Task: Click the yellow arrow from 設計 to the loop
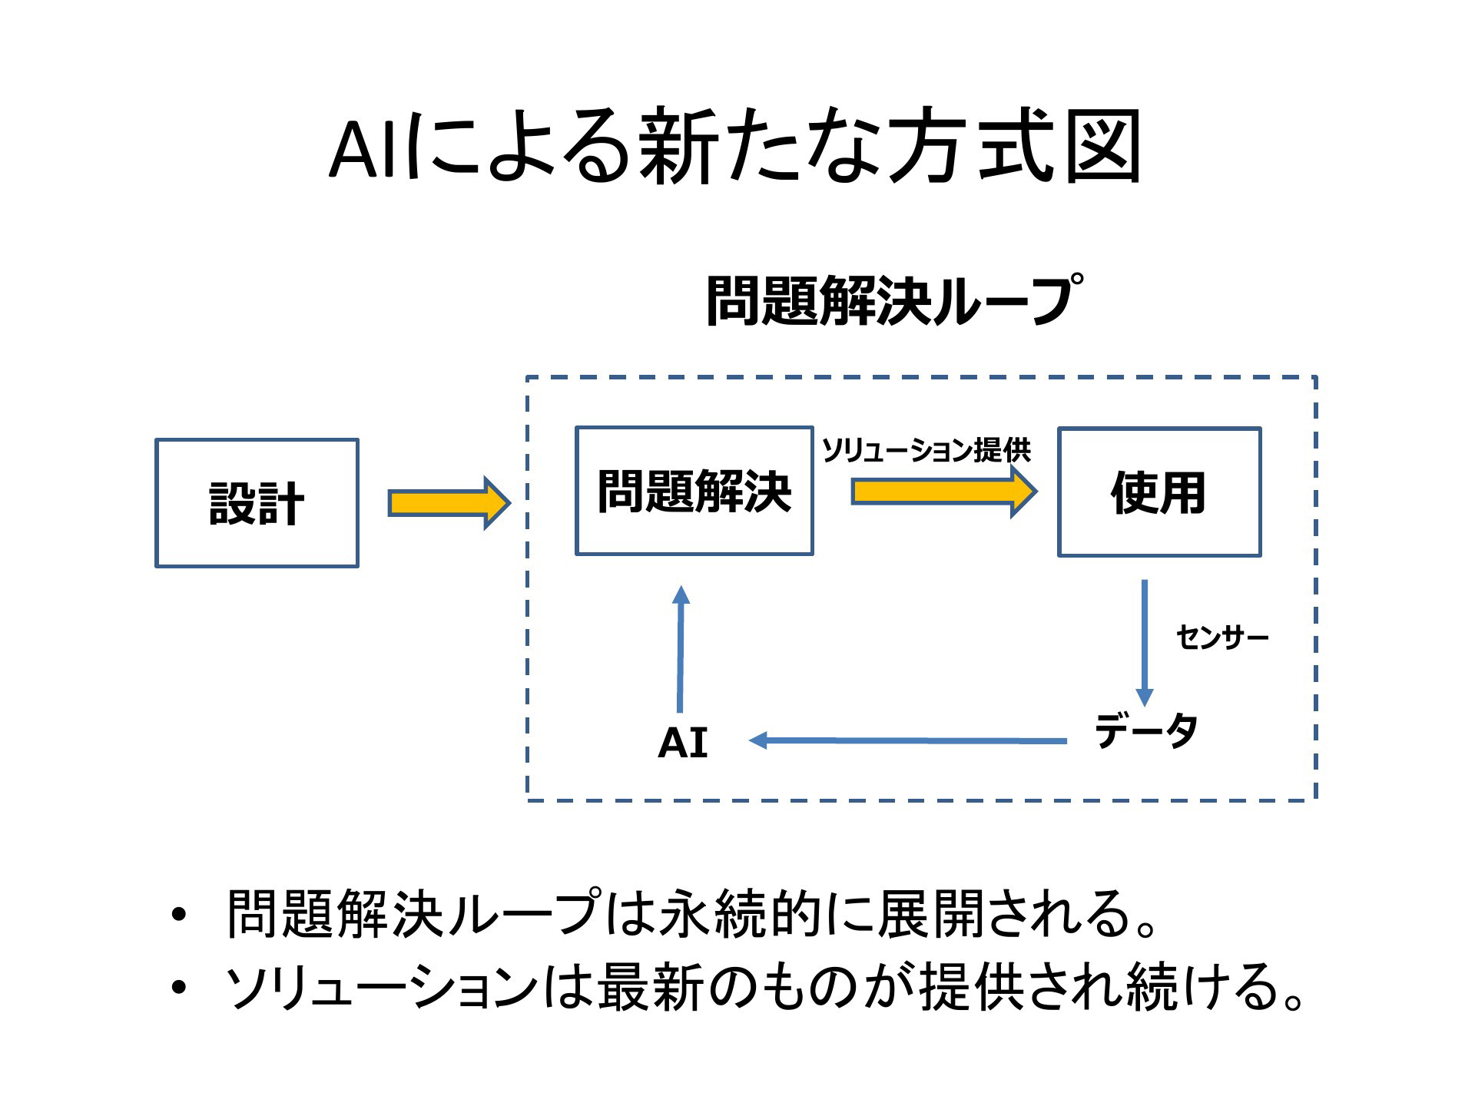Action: tap(449, 503)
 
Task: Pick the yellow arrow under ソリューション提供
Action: tap(945, 492)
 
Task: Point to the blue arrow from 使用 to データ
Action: tap(1145, 643)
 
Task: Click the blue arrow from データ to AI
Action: tap(907, 740)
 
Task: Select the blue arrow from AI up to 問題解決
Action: tap(681, 649)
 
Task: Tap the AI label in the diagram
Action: tap(683, 743)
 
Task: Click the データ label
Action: tap(1145, 730)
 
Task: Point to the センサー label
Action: tap(1222, 637)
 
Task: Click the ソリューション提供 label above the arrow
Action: tap(926, 450)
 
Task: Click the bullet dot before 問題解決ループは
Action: tap(179, 915)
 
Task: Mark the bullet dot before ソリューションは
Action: tap(179, 988)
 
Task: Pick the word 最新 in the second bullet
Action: tap(649, 987)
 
